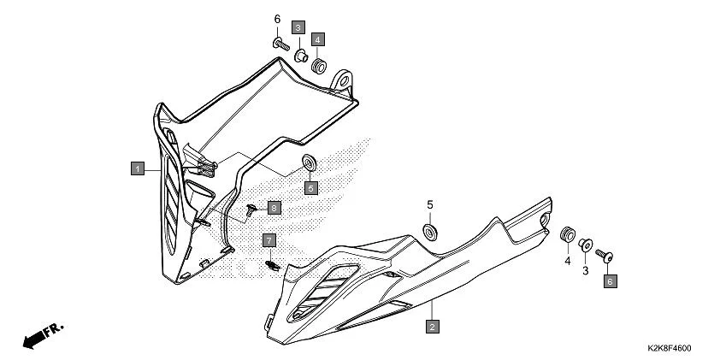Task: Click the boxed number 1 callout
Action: (136, 169)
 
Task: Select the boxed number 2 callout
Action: (433, 327)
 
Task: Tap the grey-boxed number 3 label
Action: (299, 27)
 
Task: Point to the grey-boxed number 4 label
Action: (317, 38)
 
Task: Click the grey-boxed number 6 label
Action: (610, 280)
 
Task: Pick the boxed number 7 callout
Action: (269, 240)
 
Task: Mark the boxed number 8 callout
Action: (273, 208)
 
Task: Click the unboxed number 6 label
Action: (277, 19)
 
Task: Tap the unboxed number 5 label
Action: (430, 205)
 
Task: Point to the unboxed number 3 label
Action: (586, 270)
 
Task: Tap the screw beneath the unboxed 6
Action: (279, 41)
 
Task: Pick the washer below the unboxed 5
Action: (430, 231)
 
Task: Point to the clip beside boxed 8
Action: (251, 208)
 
